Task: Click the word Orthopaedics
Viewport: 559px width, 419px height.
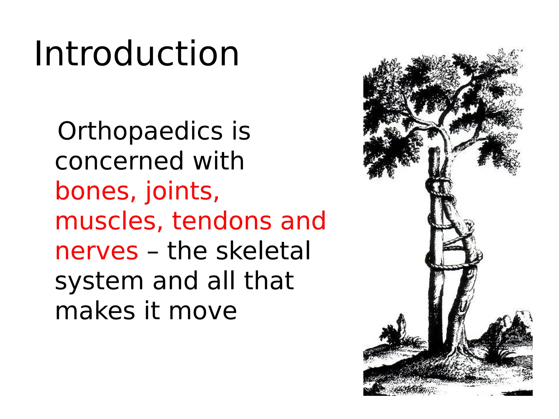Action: coord(140,131)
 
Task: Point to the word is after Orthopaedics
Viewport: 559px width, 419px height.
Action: coord(241,131)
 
